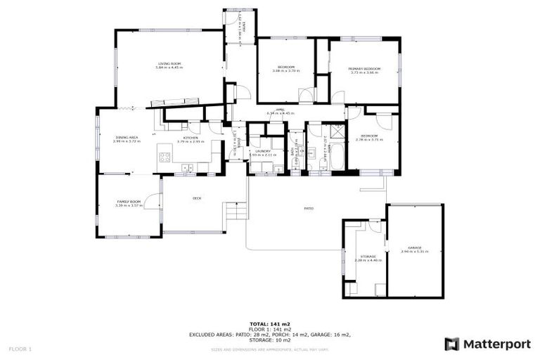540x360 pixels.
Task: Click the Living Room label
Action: click(169, 64)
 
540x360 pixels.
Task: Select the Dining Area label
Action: click(127, 137)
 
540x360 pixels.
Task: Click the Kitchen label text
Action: click(190, 137)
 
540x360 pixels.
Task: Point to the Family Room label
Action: click(129, 202)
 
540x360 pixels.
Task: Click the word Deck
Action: click(198, 198)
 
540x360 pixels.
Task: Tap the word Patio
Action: click(308, 208)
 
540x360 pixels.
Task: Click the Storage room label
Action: click(368, 256)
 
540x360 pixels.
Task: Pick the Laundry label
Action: click(263, 150)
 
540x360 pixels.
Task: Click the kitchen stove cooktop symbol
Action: click(165, 157)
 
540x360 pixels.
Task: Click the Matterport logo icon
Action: click(452, 344)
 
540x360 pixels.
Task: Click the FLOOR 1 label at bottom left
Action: click(20, 349)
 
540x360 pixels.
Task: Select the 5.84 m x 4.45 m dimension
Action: click(169, 69)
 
